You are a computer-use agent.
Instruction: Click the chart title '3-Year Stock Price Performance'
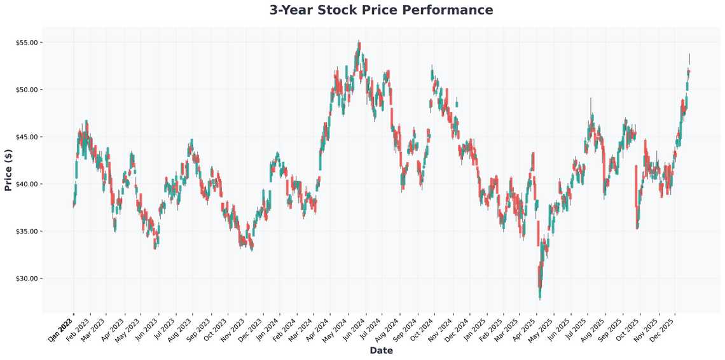coord(381,10)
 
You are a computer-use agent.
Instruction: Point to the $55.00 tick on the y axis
coord(27,43)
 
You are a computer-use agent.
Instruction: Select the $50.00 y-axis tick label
coord(27,90)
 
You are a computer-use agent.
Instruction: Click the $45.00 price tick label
coord(27,137)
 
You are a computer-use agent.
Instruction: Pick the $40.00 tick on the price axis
coord(27,184)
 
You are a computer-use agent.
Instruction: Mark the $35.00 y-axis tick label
coord(27,231)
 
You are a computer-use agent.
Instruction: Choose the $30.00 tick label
coord(27,278)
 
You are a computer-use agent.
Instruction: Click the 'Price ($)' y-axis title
coord(8,170)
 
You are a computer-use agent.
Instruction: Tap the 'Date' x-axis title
coord(381,350)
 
